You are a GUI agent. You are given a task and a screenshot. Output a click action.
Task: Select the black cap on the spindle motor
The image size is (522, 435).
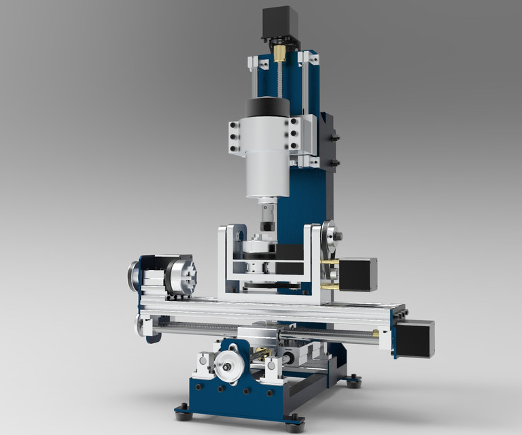pyautogui.click(x=267, y=107)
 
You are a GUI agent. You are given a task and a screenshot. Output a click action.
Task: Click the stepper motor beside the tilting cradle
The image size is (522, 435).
pyautogui.click(x=357, y=274)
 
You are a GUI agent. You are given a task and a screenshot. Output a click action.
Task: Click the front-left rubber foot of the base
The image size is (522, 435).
pyautogui.click(x=182, y=410)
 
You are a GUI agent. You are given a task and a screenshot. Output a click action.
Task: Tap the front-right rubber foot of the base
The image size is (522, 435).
pyautogui.click(x=294, y=427)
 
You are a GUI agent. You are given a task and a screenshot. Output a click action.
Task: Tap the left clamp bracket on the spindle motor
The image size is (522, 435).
pyautogui.click(x=235, y=137)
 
